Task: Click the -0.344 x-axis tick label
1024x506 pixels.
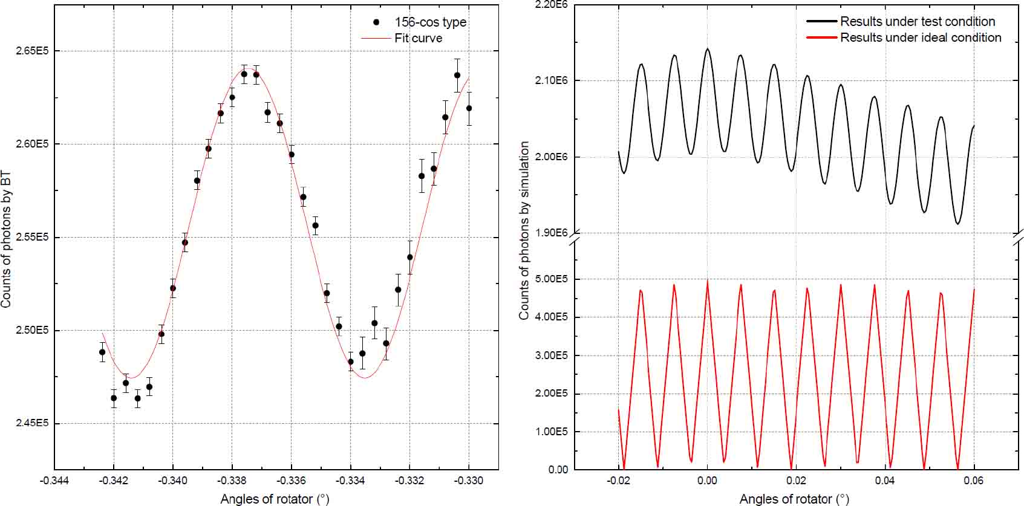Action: [54, 481]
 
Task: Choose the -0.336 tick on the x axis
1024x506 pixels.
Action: [291, 481]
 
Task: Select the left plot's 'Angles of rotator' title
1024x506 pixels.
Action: [275, 499]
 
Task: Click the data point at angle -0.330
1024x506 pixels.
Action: [469, 108]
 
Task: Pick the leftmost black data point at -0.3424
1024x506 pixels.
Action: [102, 352]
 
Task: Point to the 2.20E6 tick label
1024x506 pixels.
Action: [551, 5]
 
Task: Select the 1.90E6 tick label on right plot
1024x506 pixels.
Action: [551, 233]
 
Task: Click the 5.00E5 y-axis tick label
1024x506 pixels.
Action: [551, 279]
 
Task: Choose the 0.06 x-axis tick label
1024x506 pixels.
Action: [973, 481]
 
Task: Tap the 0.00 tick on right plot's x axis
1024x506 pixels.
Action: [707, 481]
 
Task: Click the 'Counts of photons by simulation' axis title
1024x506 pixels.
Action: [524, 230]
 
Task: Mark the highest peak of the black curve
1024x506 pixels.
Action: [707, 49]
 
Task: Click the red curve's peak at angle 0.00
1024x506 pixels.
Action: [707, 281]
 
